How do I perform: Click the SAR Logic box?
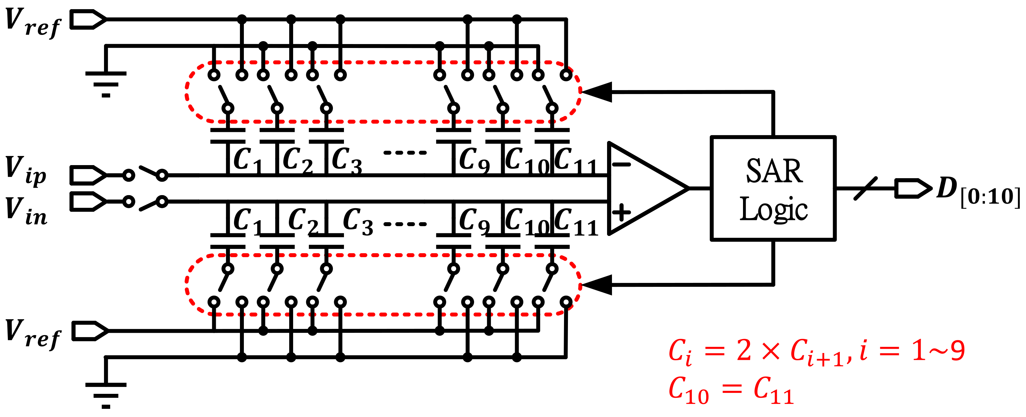[x=773, y=189]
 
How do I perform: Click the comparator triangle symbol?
[x=641, y=188]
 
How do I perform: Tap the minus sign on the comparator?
[x=621, y=164]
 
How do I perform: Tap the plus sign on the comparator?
[x=621, y=212]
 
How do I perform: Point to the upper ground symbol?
[x=106, y=84]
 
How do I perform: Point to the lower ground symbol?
[x=106, y=395]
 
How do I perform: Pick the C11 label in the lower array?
[x=575, y=222]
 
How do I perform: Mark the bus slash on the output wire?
[x=865, y=188]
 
